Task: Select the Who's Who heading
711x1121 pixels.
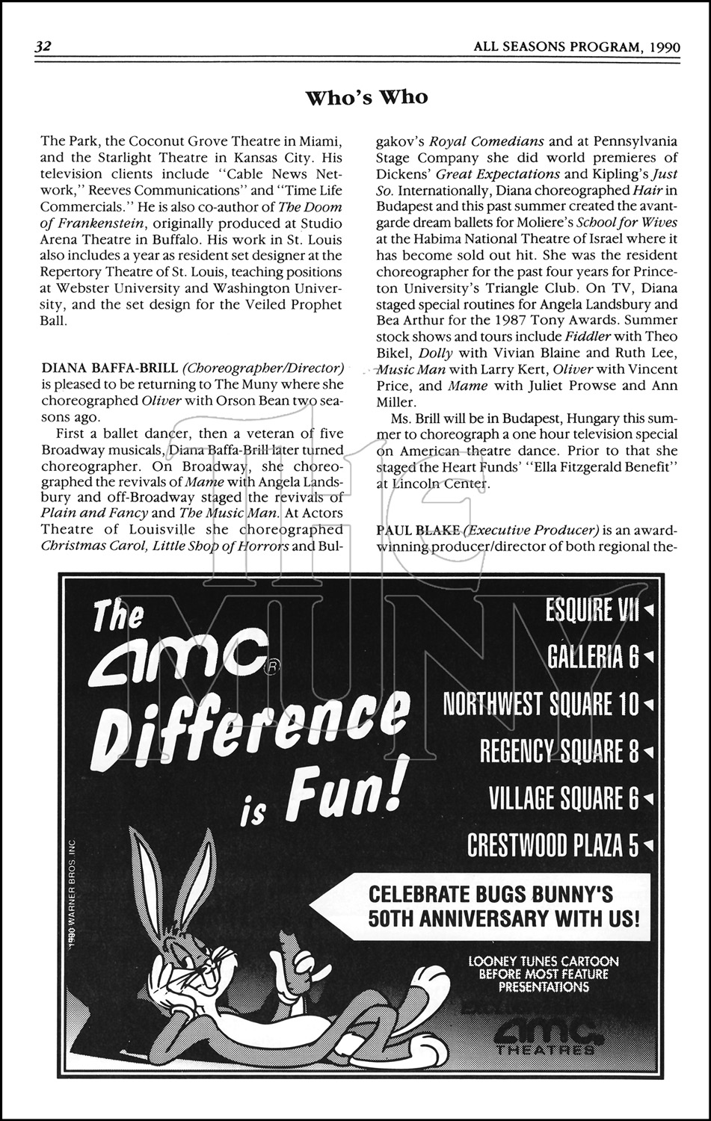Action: tap(366, 97)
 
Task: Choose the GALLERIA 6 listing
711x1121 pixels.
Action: tap(594, 657)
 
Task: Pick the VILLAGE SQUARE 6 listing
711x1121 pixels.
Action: tap(564, 798)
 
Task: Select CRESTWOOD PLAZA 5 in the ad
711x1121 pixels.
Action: tap(553, 845)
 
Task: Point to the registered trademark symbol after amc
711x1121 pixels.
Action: tap(270, 668)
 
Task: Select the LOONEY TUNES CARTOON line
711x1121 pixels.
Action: tap(544, 961)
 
